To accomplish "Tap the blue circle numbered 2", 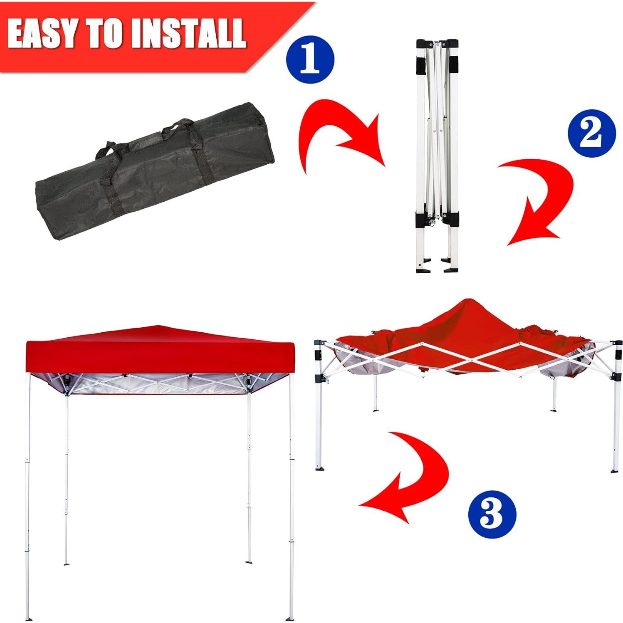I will pos(591,133).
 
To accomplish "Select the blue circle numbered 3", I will pos(492,514).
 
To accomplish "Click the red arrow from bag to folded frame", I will pos(339,133).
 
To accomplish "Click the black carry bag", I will pos(154,175).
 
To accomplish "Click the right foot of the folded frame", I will pos(451,268).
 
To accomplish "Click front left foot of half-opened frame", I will pos(319,468).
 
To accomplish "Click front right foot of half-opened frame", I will pos(615,470).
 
